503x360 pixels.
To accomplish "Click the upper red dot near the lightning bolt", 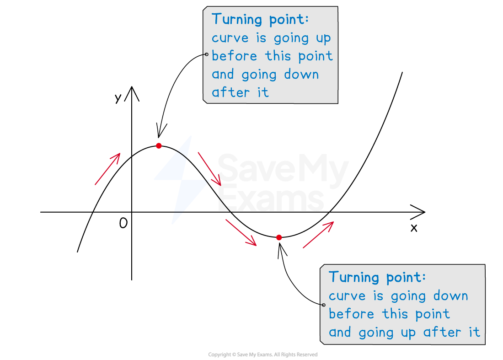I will point(159,146).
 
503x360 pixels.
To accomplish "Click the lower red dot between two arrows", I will point(279,237).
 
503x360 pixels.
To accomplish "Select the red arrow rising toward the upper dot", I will point(107,169).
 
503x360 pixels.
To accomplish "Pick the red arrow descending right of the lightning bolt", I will point(209,169).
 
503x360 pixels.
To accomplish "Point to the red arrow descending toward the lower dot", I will point(241,232).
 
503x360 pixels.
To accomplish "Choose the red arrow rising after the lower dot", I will point(318,235).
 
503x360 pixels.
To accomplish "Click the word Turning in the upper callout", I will point(237,20).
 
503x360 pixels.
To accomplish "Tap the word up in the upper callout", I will point(323,38).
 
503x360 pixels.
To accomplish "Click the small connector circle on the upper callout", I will point(206,54).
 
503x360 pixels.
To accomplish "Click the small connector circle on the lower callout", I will point(323,305).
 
